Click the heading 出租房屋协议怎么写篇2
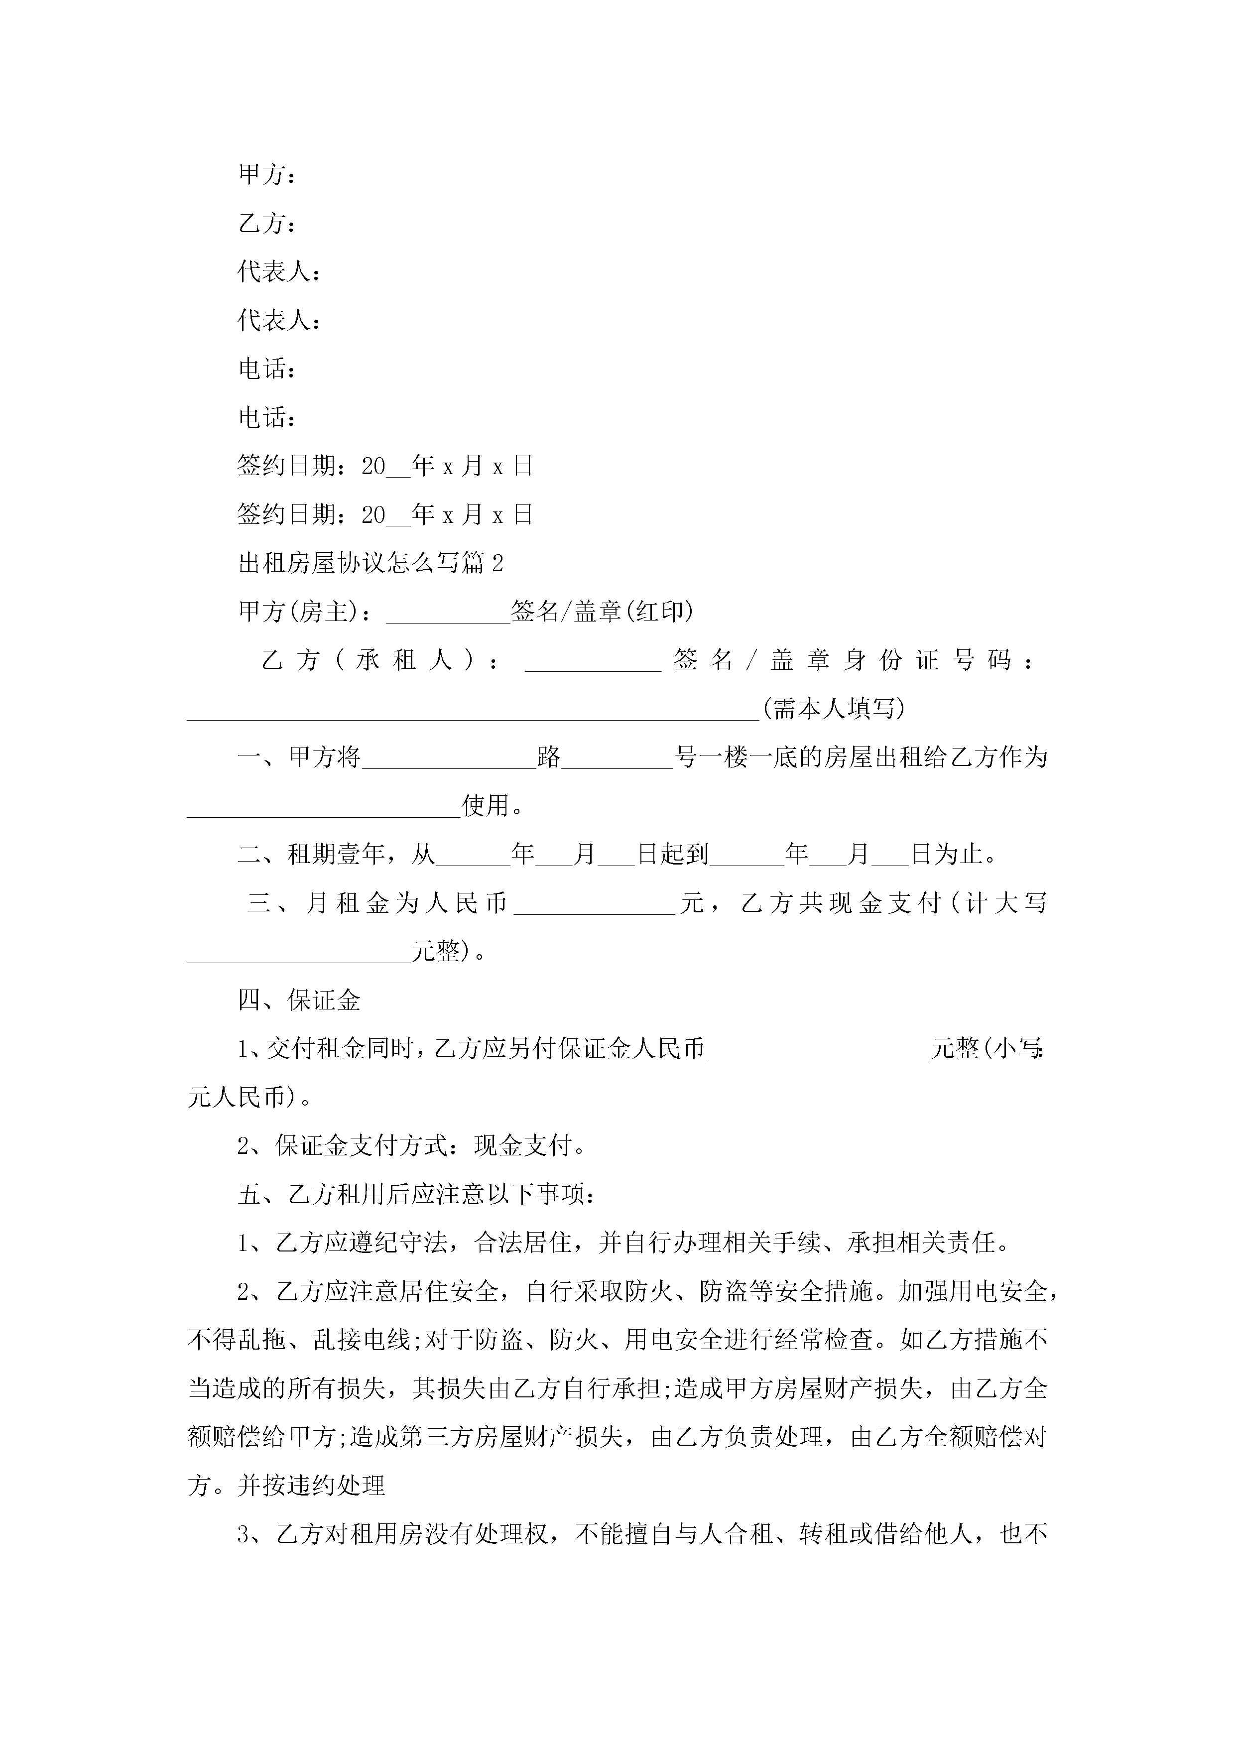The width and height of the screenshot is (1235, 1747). click(370, 563)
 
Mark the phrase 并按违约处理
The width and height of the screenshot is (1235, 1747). click(311, 1486)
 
